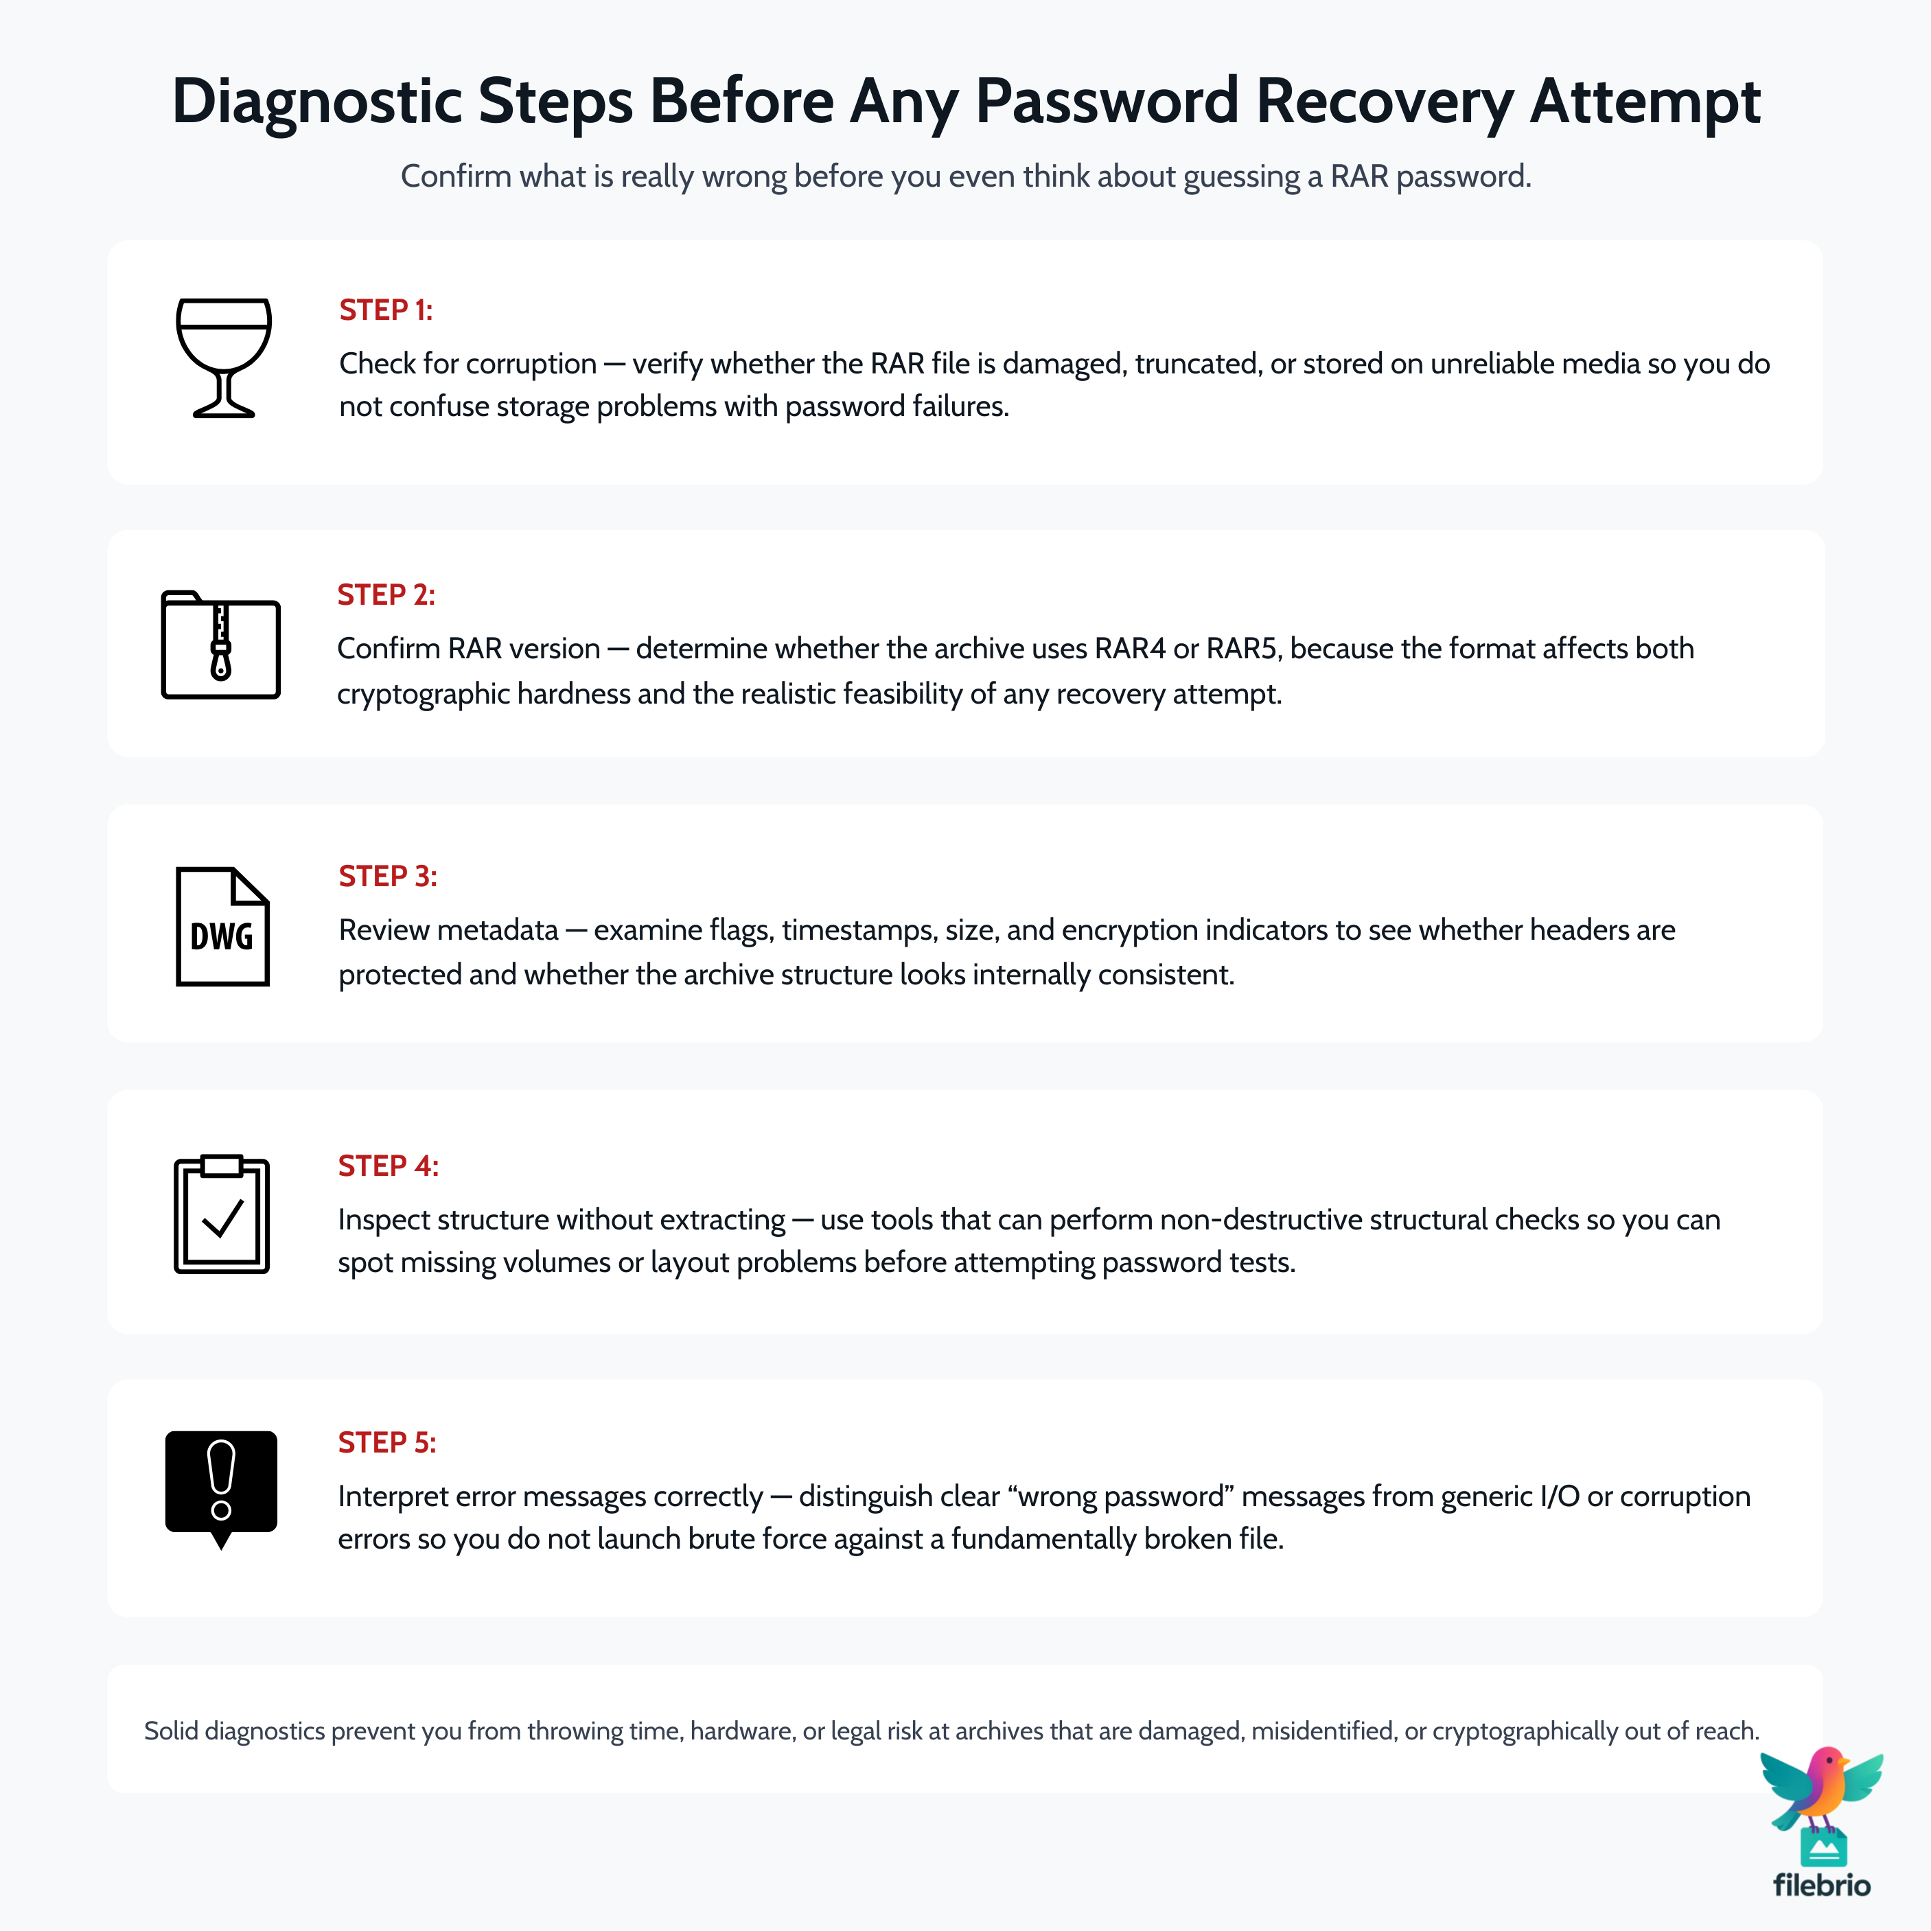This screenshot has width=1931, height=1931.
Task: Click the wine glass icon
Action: [223, 357]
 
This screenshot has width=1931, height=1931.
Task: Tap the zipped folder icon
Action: [221, 645]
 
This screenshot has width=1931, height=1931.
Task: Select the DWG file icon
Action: [222, 927]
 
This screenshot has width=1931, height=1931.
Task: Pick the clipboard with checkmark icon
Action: [222, 1214]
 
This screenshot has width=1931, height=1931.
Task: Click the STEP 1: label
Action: [386, 310]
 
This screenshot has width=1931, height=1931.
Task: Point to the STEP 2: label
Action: [386, 594]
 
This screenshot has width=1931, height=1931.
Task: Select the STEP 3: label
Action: [388, 877]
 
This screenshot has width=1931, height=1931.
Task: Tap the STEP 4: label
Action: [388, 1166]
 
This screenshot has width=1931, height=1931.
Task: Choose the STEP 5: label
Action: [386, 1442]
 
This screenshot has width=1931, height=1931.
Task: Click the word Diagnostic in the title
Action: [317, 102]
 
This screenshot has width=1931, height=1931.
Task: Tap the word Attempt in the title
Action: [1644, 102]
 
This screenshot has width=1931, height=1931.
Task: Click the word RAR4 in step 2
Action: [1129, 649]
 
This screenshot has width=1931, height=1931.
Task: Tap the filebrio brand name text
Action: [1821, 1885]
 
